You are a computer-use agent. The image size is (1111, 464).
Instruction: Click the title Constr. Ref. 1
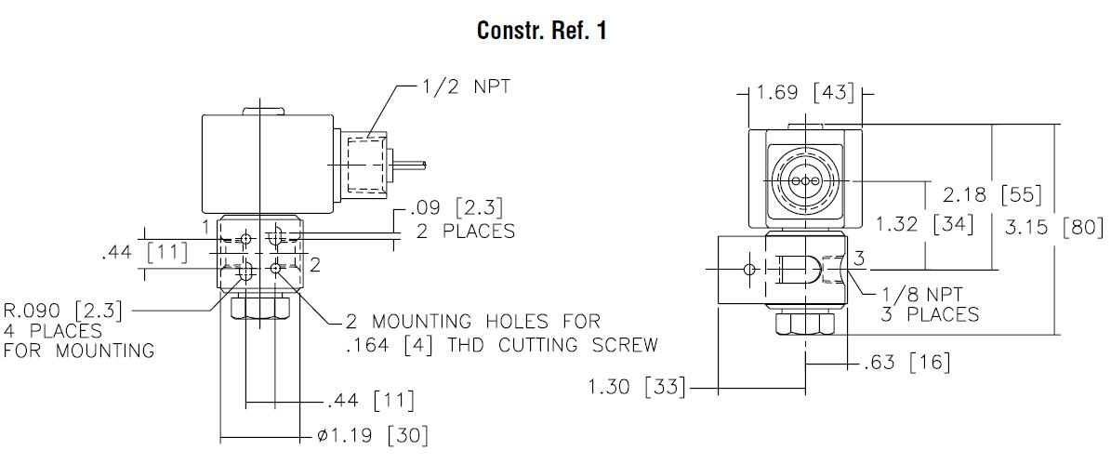(x=542, y=31)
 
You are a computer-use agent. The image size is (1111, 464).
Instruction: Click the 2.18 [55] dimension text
(x=992, y=196)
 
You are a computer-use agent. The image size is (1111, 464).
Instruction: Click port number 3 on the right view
(x=860, y=257)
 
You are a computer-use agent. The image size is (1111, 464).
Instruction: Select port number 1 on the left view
(x=205, y=226)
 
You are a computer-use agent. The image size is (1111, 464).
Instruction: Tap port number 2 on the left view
(x=315, y=265)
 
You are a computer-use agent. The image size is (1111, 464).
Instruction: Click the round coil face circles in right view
(x=805, y=180)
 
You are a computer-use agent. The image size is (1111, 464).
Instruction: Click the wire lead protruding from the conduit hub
(x=411, y=166)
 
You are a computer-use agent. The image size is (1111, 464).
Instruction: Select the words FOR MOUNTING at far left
(x=78, y=351)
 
